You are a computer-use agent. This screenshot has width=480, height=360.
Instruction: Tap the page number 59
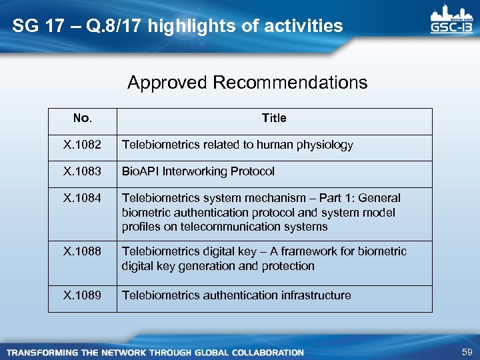coord(467,351)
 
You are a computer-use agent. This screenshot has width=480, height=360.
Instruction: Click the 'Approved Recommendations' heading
coord(247,83)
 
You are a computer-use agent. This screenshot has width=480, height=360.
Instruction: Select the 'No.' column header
coord(82,119)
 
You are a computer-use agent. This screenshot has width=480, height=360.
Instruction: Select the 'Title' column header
coord(274,118)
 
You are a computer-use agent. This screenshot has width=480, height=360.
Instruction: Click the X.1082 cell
coord(82,145)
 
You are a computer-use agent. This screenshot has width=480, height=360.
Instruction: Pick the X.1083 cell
coord(82,171)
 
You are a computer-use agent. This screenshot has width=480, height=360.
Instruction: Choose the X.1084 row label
coord(82,198)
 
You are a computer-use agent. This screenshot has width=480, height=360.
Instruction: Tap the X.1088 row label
coord(82,251)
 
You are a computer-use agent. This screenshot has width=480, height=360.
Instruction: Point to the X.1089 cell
coord(82,295)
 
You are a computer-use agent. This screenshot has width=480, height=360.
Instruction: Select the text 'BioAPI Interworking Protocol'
coord(198,171)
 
